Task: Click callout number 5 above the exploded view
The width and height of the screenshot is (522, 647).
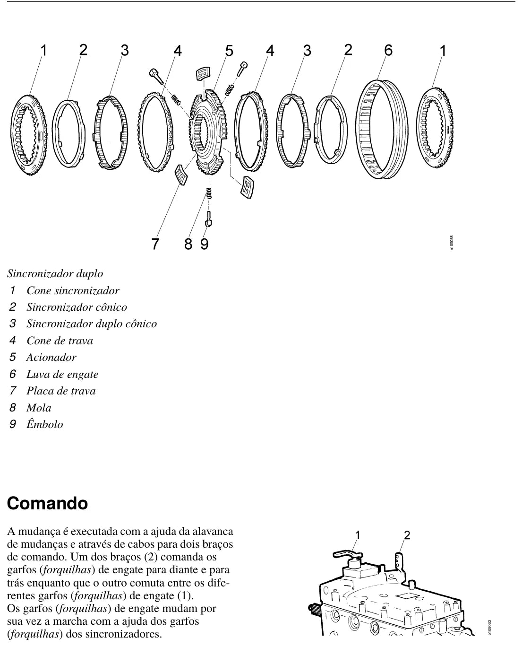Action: click(x=229, y=51)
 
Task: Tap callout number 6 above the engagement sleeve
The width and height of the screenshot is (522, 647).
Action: click(x=388, y=50)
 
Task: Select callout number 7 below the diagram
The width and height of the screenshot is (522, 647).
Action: click(x=155, y=244)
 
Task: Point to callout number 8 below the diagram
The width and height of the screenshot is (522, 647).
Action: click(x=188, y=244)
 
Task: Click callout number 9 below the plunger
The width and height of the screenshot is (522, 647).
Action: click(x=205, y=244)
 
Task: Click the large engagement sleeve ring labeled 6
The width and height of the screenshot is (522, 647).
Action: click(x=382, y=129)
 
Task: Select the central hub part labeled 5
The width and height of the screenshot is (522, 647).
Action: click(x=209, y=132)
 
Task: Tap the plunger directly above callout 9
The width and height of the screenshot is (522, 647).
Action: click(x=208, y=219)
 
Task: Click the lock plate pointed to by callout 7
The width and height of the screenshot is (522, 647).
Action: click(x=181, y=175)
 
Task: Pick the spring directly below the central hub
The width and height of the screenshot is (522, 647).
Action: click(x=209, y=193)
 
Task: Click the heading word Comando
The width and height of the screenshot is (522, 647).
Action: click(x=47, y=504)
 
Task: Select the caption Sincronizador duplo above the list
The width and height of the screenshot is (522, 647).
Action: click(x=55, y=273)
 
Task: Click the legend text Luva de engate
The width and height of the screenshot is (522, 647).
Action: click(x=62, y=374)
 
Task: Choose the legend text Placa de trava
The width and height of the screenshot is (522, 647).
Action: click(x=61, y=391)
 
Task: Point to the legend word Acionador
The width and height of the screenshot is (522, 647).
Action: click(x=51, y=357)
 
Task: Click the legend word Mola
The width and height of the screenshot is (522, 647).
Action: click(x=39, y=407)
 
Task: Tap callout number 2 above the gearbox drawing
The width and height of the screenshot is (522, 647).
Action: click(x=407, y=535)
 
